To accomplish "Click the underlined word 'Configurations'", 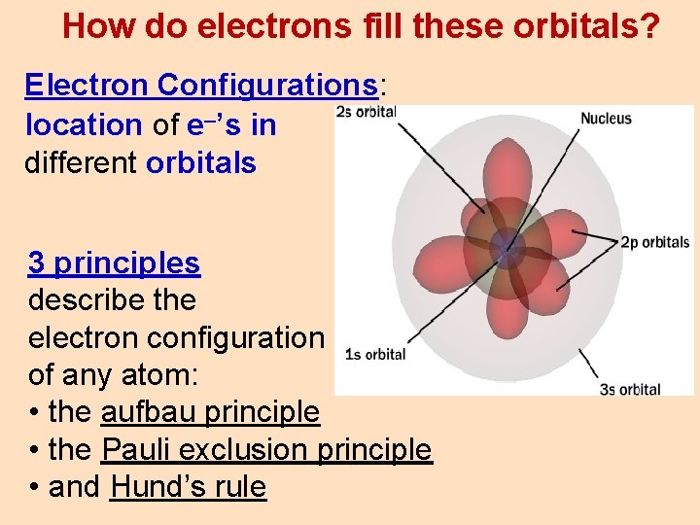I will (x=267, y=86).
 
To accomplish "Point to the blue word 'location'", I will (x=84, y=124).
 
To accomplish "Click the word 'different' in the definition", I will (x=81, y=162).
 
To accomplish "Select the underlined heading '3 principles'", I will (x=115, y=262).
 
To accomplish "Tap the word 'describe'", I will (x=86, y=300).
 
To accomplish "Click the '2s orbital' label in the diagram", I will (x=366, y=111).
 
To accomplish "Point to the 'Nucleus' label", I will (x=606, y=119).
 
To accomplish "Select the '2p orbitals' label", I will (x=654, y=242).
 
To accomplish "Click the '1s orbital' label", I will (x=375, y=354).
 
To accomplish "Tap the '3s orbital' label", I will (x=629, y=389).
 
